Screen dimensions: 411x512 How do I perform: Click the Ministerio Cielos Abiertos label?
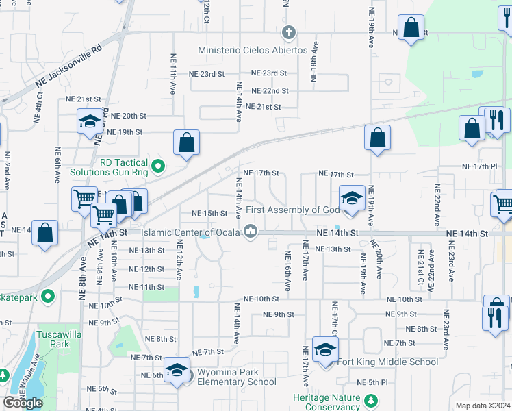[x=253, y=51]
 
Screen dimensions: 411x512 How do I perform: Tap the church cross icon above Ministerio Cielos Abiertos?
[x=289, y=32]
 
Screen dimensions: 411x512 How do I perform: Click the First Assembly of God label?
[x=292, y=209]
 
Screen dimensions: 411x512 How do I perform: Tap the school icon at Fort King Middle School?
[x=326, y=350]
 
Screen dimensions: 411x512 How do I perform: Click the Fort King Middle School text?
[x=387, y=362]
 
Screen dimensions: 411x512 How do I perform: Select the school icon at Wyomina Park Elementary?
[x=177, y=370]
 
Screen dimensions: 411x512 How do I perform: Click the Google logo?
[x=23, y=403]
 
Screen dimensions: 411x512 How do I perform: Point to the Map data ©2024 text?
[x=483, y=406]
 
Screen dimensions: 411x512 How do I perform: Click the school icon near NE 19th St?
[x=89, y=122]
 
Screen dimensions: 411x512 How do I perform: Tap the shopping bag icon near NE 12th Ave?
[x=186, y=142]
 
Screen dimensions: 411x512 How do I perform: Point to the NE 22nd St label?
[x=270, y=90]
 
